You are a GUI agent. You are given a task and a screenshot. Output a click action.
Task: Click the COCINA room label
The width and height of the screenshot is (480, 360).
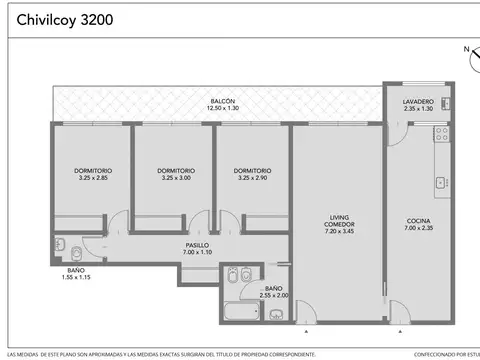pos(418,221)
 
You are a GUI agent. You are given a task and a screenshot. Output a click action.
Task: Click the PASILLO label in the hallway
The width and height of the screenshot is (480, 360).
pos(197,245)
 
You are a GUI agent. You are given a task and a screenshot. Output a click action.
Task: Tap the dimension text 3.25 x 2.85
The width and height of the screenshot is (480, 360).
pos(92,177)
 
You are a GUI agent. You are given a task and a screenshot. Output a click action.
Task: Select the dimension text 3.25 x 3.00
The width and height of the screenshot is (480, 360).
pos(175,177)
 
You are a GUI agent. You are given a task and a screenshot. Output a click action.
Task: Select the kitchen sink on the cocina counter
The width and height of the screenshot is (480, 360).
pos(439,182)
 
